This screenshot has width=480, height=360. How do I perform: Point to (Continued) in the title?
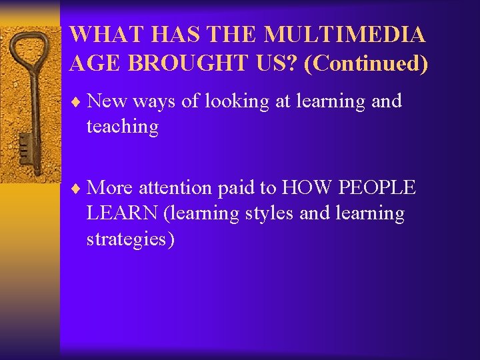(x=365, y=64)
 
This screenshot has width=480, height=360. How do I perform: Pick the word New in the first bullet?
(x=107, y=101)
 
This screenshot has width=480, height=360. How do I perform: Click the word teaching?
(x=122, y=127)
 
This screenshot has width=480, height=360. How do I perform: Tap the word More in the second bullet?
(x=110, y=188)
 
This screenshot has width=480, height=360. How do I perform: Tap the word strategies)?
(x=131, y=239)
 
